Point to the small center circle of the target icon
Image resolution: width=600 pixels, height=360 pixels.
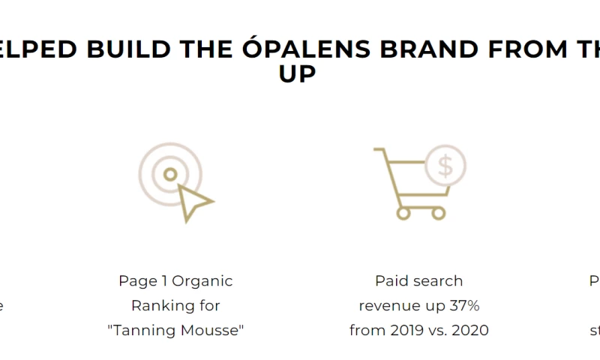(170, 174)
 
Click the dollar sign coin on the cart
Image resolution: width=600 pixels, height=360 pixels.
(445, 166)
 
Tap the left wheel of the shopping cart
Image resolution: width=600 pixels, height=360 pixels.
(403, 213)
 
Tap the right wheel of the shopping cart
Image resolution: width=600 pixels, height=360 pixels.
(439, 213)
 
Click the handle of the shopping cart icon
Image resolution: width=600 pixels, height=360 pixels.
(380, 150)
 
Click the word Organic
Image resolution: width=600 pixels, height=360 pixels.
(202, 281)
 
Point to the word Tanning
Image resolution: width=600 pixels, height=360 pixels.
(145, 330)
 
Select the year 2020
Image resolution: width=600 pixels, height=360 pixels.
(469, 330)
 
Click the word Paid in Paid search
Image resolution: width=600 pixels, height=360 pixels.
(392, 281)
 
